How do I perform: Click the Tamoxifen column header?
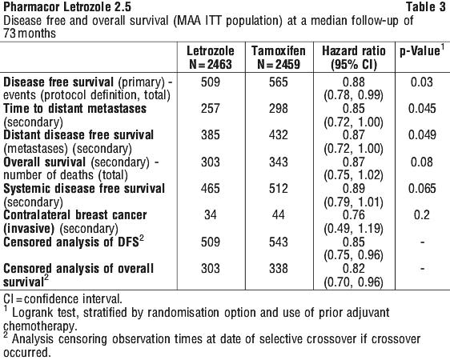pos(279,58)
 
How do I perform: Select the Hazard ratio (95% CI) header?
pos(354,58)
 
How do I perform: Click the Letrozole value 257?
pos(211,108)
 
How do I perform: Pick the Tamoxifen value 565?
pos(279,82)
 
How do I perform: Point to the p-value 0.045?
pos(422,108)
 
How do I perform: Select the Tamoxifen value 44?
pos(279,214)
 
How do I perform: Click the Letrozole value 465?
pos(211,188)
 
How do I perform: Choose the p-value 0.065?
pos(422,188)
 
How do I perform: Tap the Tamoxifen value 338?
pos(279,268)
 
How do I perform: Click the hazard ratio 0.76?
pos(354,214)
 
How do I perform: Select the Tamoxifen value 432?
pos(279,134)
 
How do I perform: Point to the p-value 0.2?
pos(422,214)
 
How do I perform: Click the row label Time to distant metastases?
pos(75,108)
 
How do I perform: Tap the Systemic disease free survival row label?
pos(84,188)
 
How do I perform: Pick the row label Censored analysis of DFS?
pos(74,242)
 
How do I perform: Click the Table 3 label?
pos(426,7)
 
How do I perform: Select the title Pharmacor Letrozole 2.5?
pos(67,7)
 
